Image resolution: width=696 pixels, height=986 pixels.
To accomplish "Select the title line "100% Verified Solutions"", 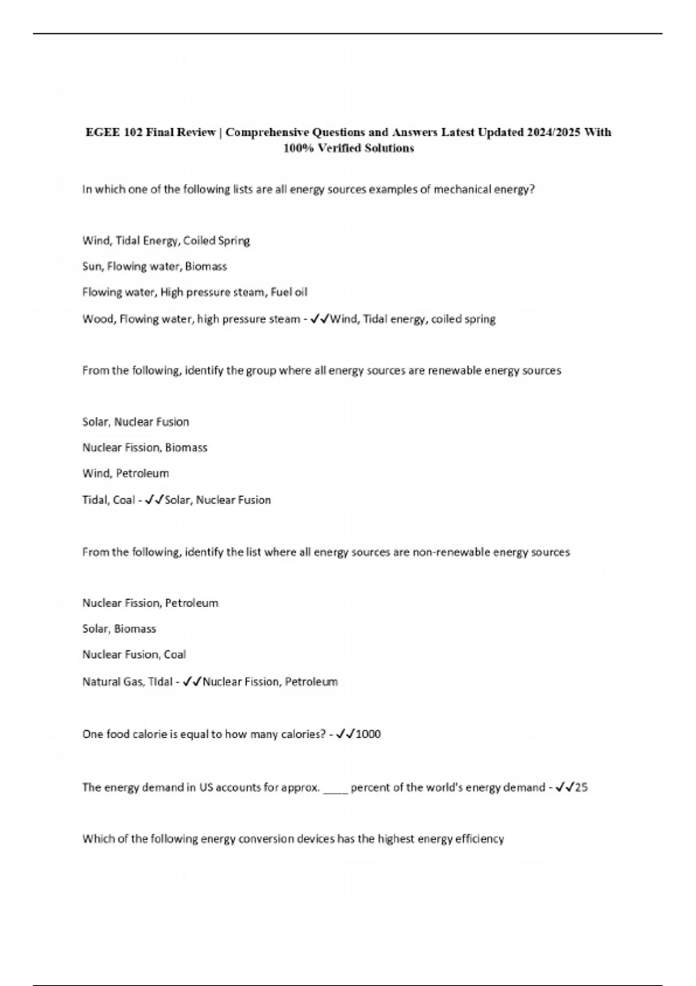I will [x=348, y=148].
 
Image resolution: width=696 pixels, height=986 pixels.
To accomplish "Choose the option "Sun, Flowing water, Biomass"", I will [x=154, y=267].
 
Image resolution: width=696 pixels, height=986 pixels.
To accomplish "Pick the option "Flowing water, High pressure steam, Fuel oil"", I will [x=194, y=292].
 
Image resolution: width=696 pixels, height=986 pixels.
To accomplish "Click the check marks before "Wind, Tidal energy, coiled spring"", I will [x=320, y=319].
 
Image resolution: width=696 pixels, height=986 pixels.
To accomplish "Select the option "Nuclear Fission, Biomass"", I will [x=144, y=448].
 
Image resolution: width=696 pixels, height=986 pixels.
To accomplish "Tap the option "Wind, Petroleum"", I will [x=125, y=473].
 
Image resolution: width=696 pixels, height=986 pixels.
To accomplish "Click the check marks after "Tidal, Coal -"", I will [x=155, y=500].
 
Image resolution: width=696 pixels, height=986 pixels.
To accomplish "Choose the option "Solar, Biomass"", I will [x=119, y=629].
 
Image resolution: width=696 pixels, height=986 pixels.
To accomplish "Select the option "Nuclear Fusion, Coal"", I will [x=134, y=655].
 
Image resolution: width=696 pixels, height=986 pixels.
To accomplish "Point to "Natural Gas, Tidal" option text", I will [x=127, y=682].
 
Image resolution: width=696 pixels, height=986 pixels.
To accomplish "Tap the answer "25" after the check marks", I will [x=581, y=788].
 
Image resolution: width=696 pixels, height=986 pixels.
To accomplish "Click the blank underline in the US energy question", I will [x=335, y=790].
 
